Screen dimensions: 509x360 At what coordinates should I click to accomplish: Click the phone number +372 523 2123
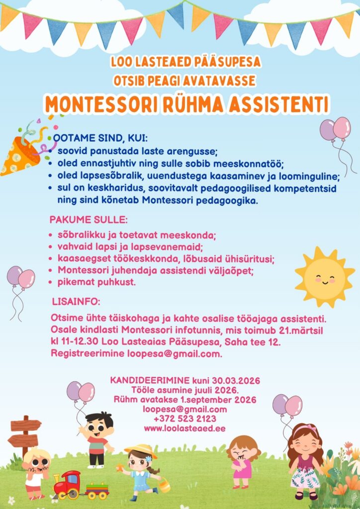tap(185, 419)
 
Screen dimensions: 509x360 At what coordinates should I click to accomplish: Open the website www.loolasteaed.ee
tap(185, 427)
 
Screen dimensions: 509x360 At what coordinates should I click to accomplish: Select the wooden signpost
tap(25, 434)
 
